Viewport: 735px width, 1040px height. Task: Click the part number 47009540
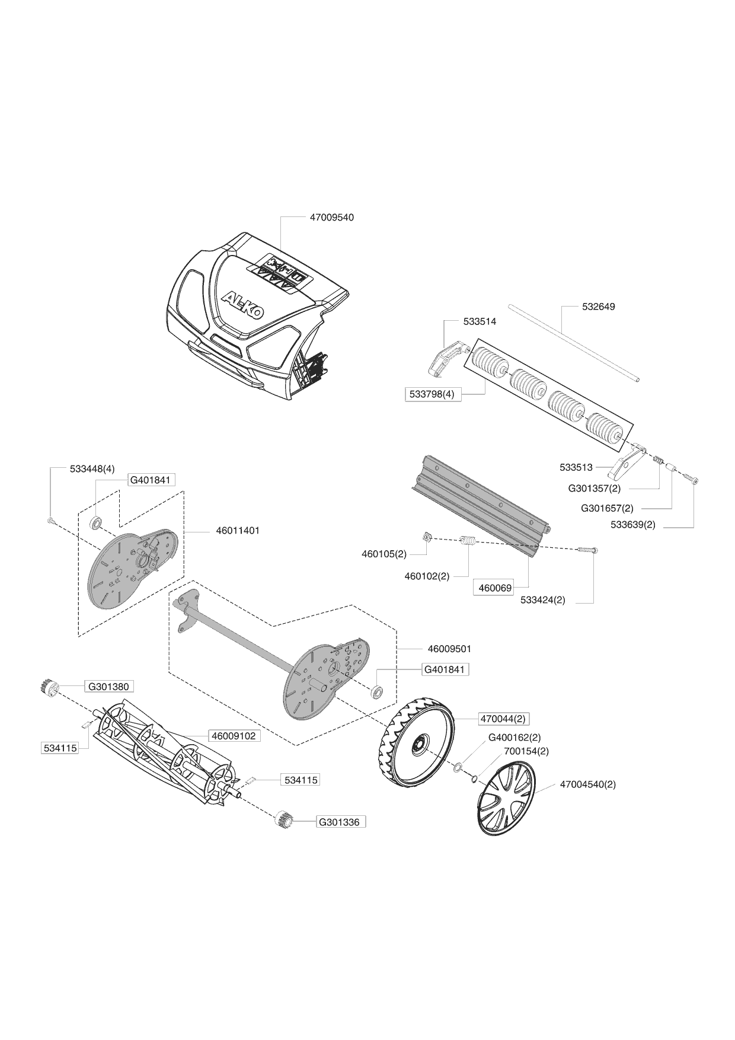tap(331, 218)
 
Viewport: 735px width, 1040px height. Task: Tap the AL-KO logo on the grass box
tap(243, 306)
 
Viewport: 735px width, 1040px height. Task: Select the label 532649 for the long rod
tap(598, 307)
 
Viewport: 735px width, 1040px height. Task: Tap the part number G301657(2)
tap(607, 508)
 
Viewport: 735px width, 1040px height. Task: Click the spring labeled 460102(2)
tap(468, 542)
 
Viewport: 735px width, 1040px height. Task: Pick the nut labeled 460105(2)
tap(426, 537)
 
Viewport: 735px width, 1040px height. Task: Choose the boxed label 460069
tap(495, 588)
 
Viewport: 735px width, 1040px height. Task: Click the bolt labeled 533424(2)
tap(587, 551)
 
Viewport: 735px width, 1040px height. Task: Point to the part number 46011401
tap(237, 531)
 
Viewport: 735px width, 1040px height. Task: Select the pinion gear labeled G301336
tap(285, 821)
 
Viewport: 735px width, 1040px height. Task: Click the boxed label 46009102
tap(234, 736)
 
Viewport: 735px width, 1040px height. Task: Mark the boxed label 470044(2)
tap(503, 719)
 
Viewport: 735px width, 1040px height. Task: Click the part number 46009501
tap(449, 649)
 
